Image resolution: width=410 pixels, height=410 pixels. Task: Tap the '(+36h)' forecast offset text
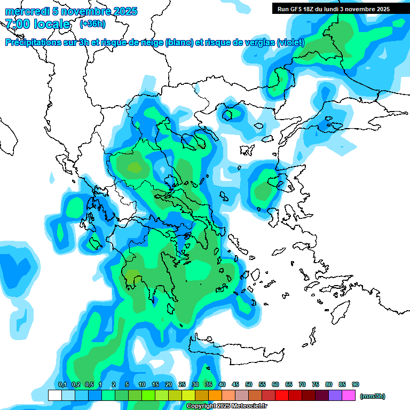pos(92,24)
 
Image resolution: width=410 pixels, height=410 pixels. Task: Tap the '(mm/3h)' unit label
pos(373,396)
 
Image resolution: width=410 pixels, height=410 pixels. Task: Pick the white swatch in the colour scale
pos(54,395)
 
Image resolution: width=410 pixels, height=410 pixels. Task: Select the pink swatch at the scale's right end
pos(349,395)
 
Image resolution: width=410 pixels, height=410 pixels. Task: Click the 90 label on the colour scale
pos(356,384)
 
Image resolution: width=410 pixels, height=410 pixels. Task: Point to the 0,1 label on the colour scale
pos(62,384)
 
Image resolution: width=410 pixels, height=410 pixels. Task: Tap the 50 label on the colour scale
pos(249,384)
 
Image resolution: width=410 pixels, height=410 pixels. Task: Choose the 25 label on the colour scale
pos(182,384)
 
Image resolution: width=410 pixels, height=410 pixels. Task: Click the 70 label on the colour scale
pos(302,384)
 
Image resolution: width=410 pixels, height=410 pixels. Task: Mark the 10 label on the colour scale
pos(142,384)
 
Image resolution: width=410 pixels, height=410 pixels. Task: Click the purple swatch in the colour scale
pos(335,395)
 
